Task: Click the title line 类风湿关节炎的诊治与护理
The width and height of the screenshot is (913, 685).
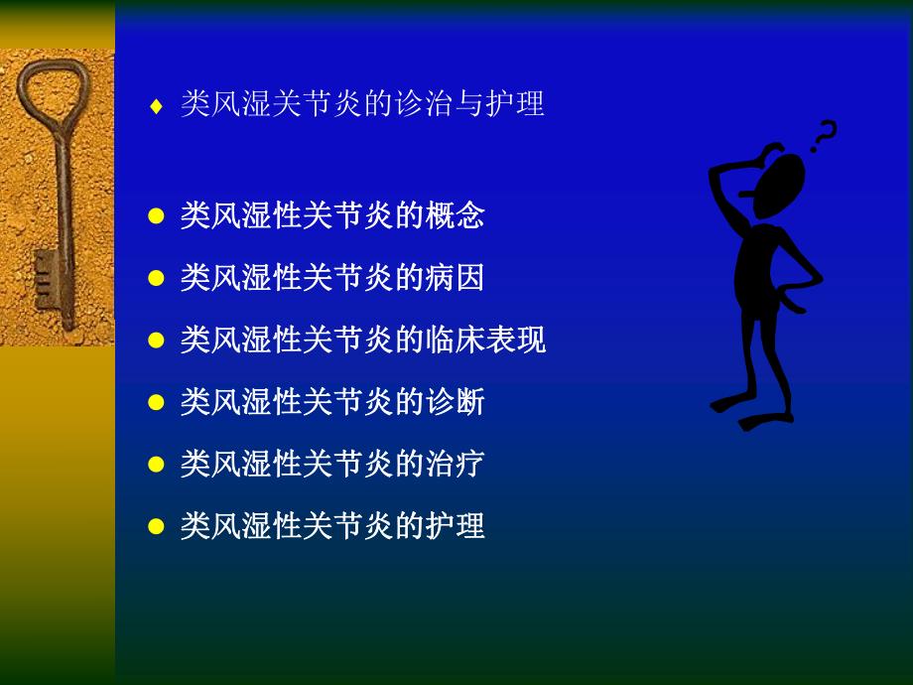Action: point(362,104)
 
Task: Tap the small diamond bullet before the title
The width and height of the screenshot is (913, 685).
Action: point(155,106)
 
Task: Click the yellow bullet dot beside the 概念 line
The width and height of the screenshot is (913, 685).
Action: point(155,216)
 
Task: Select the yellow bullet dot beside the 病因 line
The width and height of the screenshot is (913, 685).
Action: point(155,279)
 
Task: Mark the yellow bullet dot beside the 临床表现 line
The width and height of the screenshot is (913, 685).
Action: point(155,341)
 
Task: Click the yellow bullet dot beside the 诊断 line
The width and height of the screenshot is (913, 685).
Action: point(155,403)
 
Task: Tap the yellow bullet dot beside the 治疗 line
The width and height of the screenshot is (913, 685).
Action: point(155,465)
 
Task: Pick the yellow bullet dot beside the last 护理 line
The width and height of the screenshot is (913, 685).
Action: point(155,526)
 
